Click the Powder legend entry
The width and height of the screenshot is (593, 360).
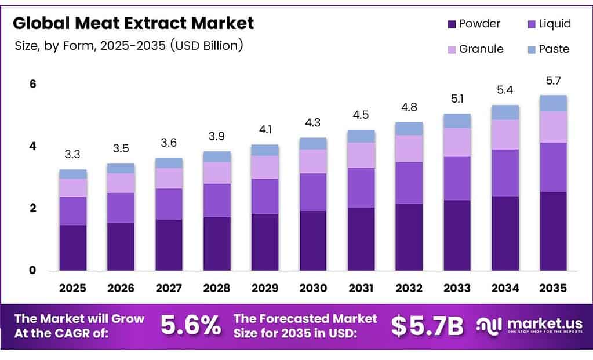pyautogui.click(x=473, y=24)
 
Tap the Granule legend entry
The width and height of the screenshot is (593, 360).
pyautogui.click(x=475, y=49)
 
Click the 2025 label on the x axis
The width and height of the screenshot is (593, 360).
pyautogui.click(x=72, y=288)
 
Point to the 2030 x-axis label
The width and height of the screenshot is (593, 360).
pyautogui.click(x=313, y=288)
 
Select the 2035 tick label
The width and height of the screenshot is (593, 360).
pyautogui.click(x=553, y=288)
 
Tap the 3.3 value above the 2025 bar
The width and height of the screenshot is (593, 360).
pyautogui.click(x=72, y=155)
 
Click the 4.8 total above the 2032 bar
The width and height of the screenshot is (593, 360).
pyautogui.click(x=409, y=107)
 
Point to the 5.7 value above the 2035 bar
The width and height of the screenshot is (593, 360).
pyautogui.click(x=553, y=81)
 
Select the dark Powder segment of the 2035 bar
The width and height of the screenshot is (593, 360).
pyautogui.click(x=553, y=231)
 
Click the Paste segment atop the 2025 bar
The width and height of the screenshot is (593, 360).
pyautogui.click(x=72, y=174)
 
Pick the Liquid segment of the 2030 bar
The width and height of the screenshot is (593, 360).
pyautogui.click(x=313, y=192)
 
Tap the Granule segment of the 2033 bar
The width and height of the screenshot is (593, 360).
pyautogui.click(x=457, y=142)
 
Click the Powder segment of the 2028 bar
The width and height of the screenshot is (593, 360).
pyautogui.click(x=217, y=243)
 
